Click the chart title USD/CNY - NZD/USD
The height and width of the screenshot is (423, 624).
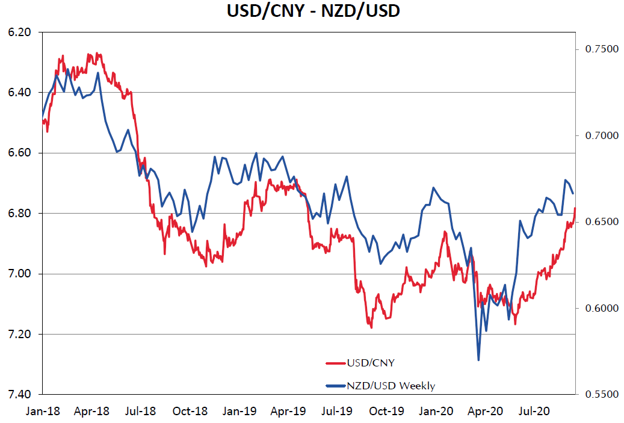coord(312,11)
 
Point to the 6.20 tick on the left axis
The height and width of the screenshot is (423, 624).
coord(20,32)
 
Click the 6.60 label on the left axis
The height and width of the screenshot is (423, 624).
coord(20,153)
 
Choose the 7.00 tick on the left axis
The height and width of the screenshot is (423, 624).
coord(20,274)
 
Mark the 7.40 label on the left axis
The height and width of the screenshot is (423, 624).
coord(20,395)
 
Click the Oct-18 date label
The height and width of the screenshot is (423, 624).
coord(190,412)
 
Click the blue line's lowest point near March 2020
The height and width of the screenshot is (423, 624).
coord(479,360)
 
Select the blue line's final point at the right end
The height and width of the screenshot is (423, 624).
coord(573,193)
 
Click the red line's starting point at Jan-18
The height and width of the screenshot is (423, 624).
coord(42,122)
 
